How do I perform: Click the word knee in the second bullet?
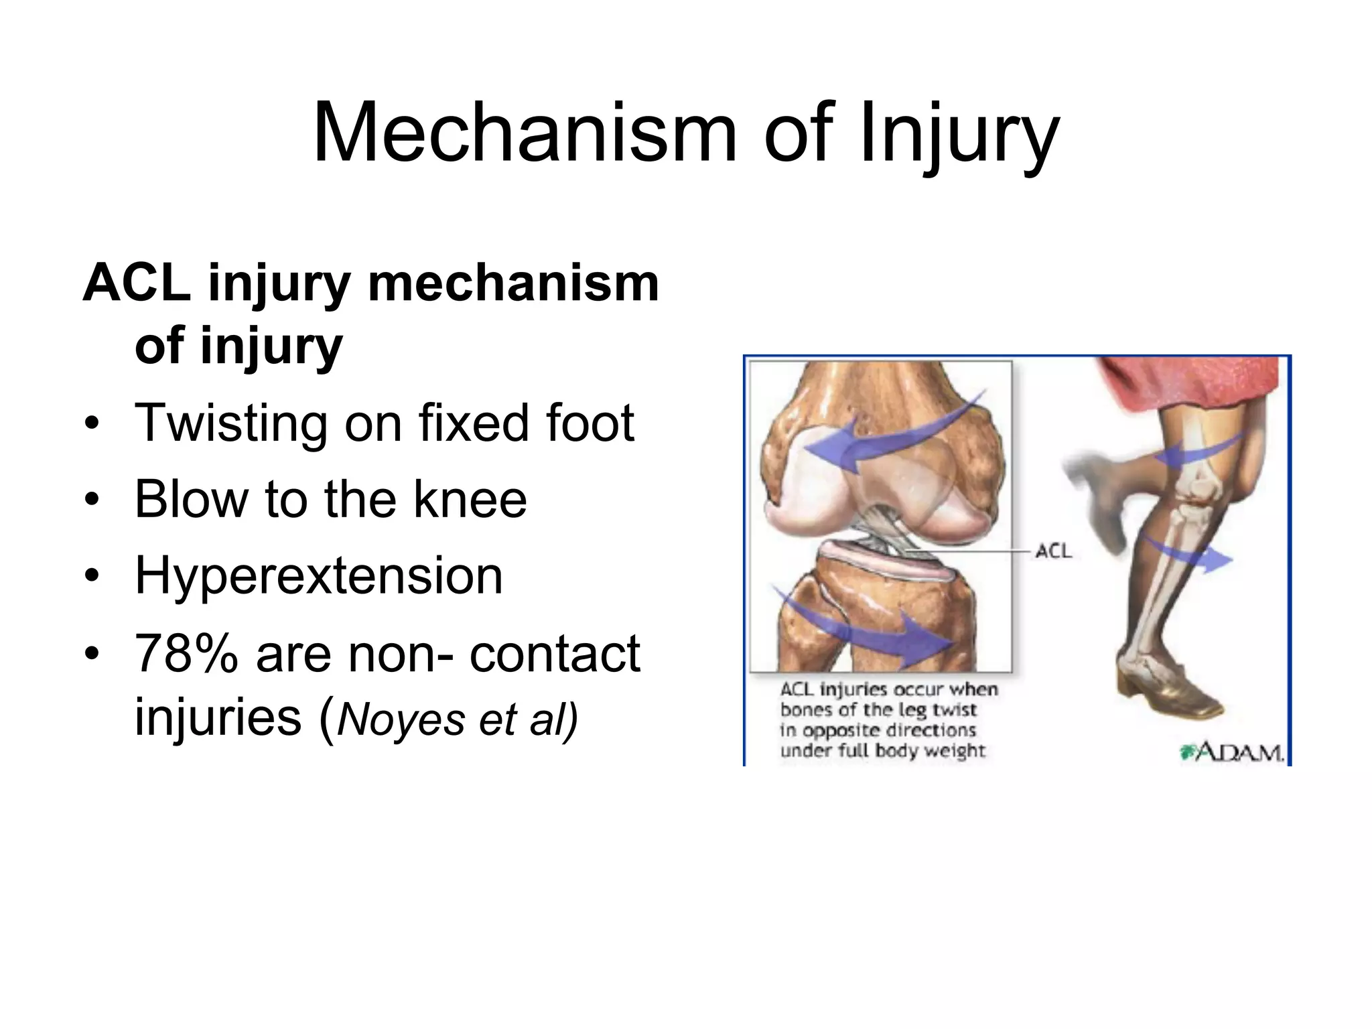pos(470,500)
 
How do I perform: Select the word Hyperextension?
pos(318,576)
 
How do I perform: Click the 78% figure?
pos(186,654)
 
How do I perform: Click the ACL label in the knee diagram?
pos(1053,551)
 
